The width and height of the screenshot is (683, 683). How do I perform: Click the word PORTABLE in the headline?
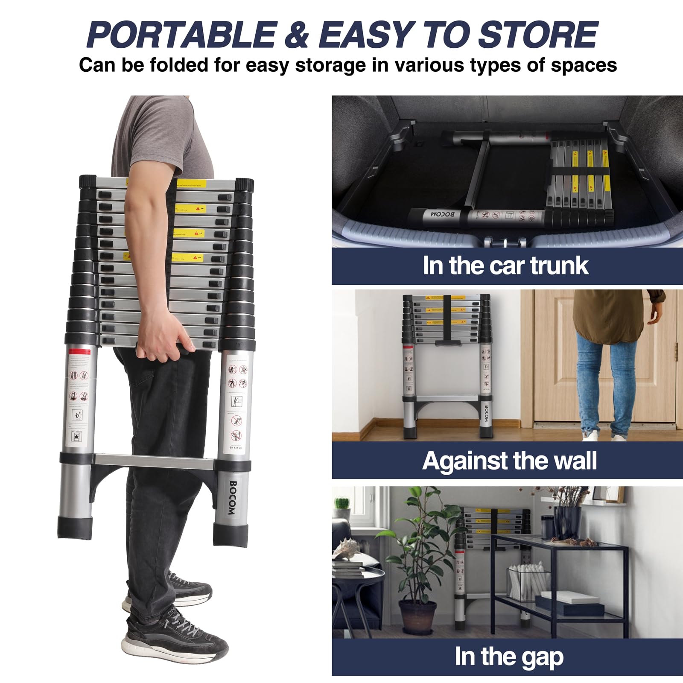tap(181, 35)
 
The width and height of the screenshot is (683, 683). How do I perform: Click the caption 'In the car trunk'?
tap(505, 266)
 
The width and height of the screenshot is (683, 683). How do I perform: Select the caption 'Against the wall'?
tap(509, 461)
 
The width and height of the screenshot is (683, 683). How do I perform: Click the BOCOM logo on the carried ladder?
tap(233, 498)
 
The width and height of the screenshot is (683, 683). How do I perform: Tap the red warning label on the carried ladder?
tap(80, 353)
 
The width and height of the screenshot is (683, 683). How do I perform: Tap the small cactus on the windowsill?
tap(342, 503)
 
